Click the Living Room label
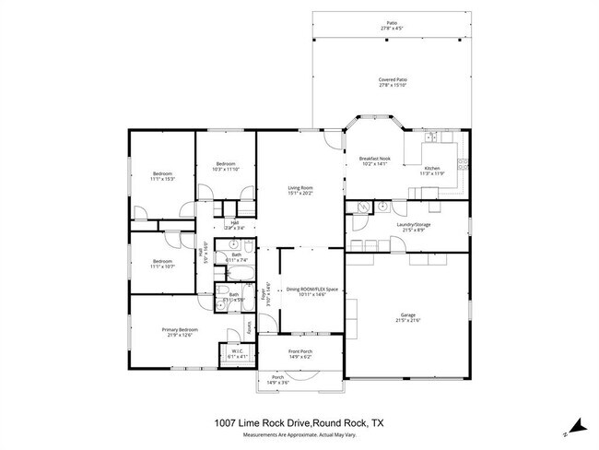(x=300, y=187)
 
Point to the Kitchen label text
(x=432, y=168)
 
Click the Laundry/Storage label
(x=414, y=223)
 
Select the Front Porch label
(x=299, y=350)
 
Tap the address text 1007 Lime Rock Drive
(x=266, y=422)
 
